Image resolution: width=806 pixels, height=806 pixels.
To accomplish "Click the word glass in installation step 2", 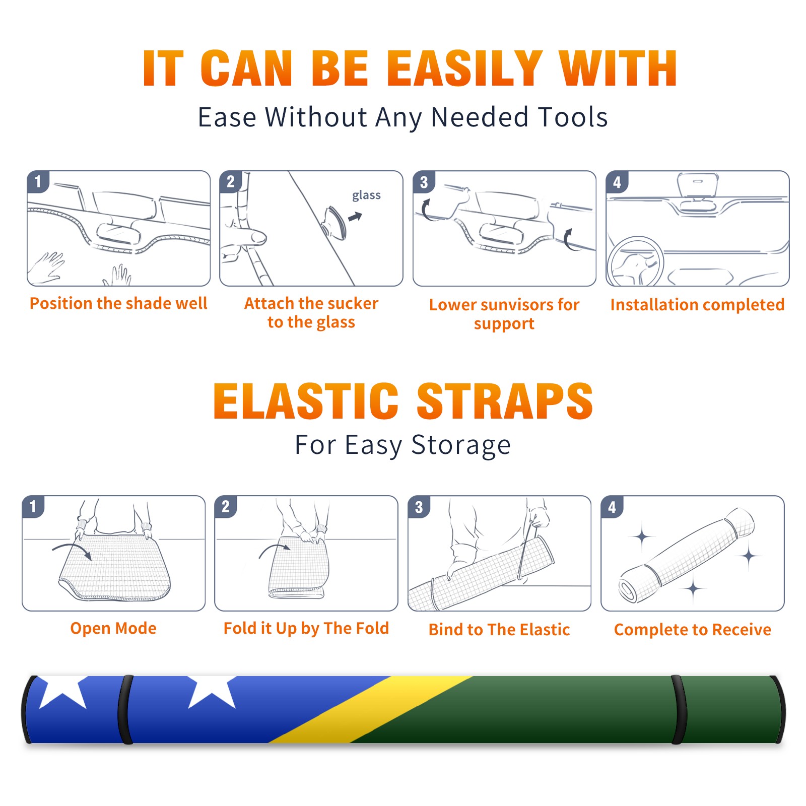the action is tap(366, 195).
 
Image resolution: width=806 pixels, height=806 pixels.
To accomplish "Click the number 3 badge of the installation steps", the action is tap(423, 182).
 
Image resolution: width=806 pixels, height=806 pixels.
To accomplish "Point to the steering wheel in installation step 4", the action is tap(635, 261).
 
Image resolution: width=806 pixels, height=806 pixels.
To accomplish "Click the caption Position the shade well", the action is tap(118, 303).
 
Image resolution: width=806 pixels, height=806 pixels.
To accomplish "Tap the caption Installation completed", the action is tap(697, 305).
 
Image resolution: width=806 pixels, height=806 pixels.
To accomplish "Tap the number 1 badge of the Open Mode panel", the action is tap(33, 506).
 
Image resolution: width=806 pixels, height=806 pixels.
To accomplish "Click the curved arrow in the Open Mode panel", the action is tap(72, 549).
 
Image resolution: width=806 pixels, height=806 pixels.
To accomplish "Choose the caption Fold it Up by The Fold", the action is tap(306, 628).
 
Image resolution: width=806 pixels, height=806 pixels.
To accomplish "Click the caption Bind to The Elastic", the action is tap(499, 630).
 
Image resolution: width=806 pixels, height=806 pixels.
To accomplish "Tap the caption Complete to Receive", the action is tap(693, 630).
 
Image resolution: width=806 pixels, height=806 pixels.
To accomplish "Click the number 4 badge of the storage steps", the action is tap(612, 507).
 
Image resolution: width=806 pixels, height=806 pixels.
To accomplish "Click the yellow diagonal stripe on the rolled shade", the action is tap(370, 709).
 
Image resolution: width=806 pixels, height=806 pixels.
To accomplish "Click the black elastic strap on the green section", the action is tap(679, 709).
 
